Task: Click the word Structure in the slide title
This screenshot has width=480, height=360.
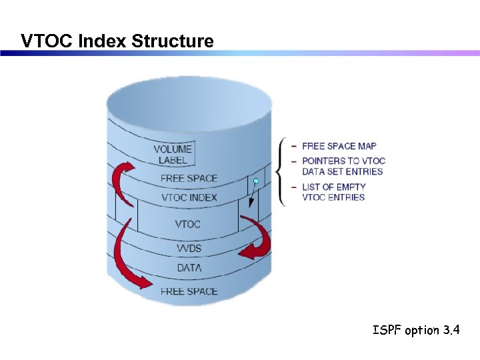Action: click(173, 41)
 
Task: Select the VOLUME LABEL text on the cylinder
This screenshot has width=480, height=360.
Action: click(173, 155)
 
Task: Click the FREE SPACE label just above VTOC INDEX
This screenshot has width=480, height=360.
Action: click(189, 178)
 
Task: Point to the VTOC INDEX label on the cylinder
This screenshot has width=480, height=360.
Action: click(189, 198)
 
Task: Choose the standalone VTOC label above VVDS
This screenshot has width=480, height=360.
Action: click(187, 224)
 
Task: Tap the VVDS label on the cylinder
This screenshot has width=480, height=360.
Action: click(189, 249)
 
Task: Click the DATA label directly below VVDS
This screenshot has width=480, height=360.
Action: click(189, 268)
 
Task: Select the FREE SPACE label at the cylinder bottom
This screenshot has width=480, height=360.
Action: click(189, 291)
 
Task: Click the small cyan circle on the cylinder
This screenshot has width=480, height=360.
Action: click(255, 181)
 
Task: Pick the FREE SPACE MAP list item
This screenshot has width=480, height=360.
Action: click(339, 146)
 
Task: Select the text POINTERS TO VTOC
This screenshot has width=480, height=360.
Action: click(343, 161)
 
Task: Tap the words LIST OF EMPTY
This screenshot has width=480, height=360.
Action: click(333, 187)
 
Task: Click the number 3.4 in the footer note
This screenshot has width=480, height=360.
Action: click(451, 330)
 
